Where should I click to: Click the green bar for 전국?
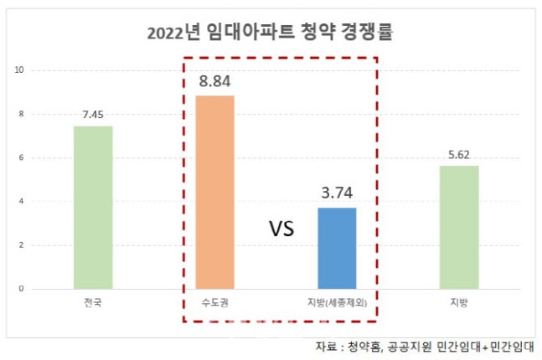click(92, 208)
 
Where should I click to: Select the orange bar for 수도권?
click(214, 193)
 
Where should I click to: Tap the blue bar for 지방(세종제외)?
click(337, 248)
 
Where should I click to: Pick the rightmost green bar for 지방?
click(459, 227)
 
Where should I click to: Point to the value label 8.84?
click(214, 82)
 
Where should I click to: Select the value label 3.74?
click(337, 193)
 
